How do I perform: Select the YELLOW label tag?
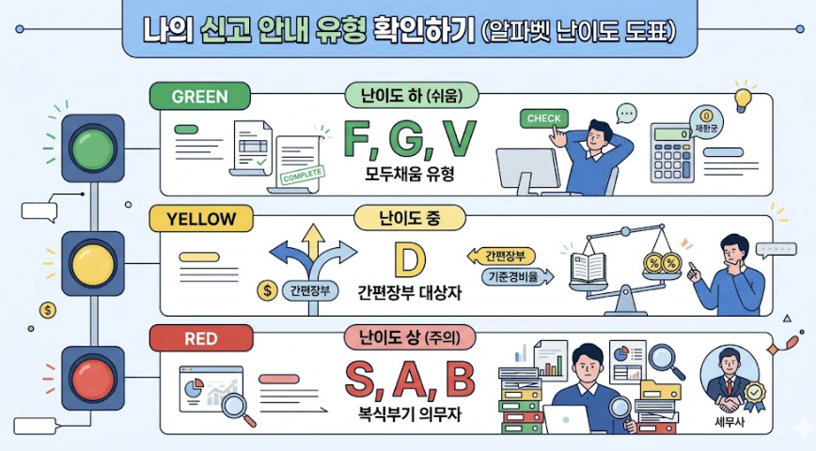coord(201,220)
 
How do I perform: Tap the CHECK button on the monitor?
coord(543,118)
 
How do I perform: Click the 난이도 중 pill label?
coord(409,219)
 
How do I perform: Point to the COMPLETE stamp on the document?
coord(303,175)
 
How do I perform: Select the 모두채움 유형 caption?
coord(409,175)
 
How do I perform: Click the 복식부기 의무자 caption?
coord(409,413)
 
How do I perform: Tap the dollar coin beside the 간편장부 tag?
coord(267,291)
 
